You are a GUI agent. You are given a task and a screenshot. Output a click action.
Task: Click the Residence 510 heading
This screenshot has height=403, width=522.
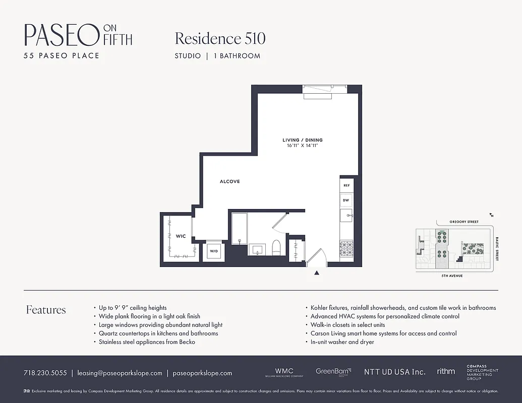220,38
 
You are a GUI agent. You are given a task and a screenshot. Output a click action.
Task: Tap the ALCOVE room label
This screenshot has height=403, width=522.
229,181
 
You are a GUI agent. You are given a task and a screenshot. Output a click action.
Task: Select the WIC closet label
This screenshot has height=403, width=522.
181,236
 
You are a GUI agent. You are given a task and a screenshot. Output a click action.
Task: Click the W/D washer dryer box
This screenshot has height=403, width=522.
214,251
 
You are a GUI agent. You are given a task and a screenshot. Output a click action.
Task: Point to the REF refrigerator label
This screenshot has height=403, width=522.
346,185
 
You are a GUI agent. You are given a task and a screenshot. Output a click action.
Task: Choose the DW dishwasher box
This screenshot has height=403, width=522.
346,200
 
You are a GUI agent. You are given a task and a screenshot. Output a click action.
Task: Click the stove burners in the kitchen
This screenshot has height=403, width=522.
347,247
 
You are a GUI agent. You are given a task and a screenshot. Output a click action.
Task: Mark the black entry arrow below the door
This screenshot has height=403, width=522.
317,273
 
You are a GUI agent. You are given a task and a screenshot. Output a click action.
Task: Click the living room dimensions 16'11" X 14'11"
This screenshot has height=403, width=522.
302,146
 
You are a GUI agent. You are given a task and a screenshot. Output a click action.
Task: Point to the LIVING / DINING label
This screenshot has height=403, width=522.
302,140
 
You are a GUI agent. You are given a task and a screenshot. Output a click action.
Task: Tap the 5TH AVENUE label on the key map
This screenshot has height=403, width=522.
452,276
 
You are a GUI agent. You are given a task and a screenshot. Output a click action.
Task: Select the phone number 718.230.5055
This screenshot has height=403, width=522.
45,373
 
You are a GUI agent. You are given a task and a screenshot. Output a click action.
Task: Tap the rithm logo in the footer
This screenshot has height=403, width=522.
446,371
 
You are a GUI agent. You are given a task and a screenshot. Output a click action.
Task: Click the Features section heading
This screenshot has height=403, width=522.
46,310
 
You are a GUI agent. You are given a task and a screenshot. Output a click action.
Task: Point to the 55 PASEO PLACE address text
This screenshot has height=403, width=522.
62,55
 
